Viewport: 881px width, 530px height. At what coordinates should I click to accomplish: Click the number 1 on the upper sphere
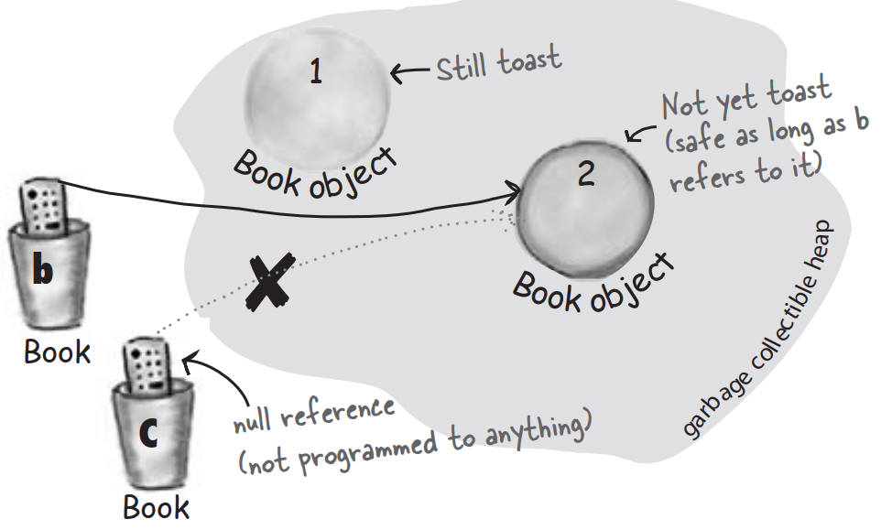[315, 72]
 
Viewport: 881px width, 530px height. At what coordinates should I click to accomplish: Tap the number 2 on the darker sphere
[586, 175]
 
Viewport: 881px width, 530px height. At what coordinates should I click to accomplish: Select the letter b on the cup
[42, 272]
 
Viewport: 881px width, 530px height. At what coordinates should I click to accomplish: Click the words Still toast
[498, 64]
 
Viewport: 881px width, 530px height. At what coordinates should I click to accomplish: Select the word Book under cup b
[57, 351]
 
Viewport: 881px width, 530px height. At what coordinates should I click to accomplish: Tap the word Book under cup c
[157, 506]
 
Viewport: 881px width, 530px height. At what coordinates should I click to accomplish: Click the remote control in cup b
[44, 207]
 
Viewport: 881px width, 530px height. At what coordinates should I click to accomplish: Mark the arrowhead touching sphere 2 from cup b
[513, 191]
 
